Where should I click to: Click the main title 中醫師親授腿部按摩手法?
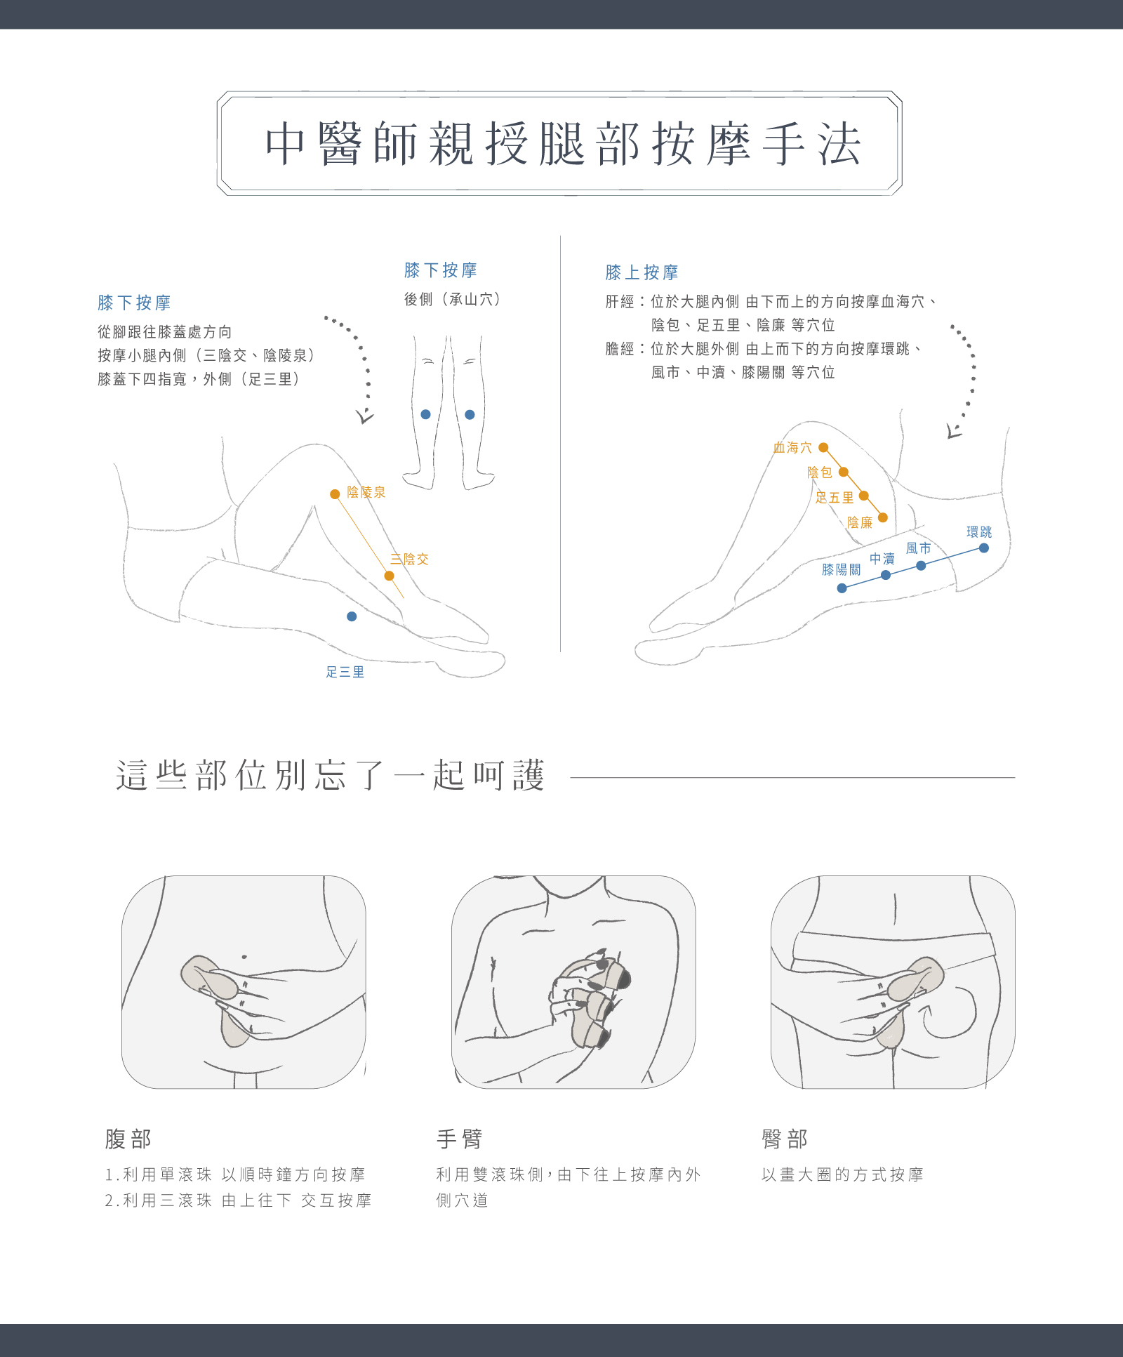point(562,144)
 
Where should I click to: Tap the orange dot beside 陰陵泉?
point(335,494)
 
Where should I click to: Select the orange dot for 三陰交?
point(389,576)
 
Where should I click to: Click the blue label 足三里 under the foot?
point(345,673)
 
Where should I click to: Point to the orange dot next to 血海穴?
point(823,447)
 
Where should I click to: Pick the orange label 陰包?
point(819,472)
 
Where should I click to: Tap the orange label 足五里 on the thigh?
point(835,498)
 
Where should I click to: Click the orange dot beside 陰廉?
point(883,517)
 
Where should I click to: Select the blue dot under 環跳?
point(984,548)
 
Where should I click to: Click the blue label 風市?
point(918,548)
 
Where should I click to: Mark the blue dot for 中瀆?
point(886,575)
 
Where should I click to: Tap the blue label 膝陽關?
point(842,569)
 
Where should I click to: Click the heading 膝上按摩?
point(642,272)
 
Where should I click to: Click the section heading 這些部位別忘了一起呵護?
point(330,776)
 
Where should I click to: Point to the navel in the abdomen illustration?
point(244,956)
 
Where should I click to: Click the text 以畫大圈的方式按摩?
point(842,1174)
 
